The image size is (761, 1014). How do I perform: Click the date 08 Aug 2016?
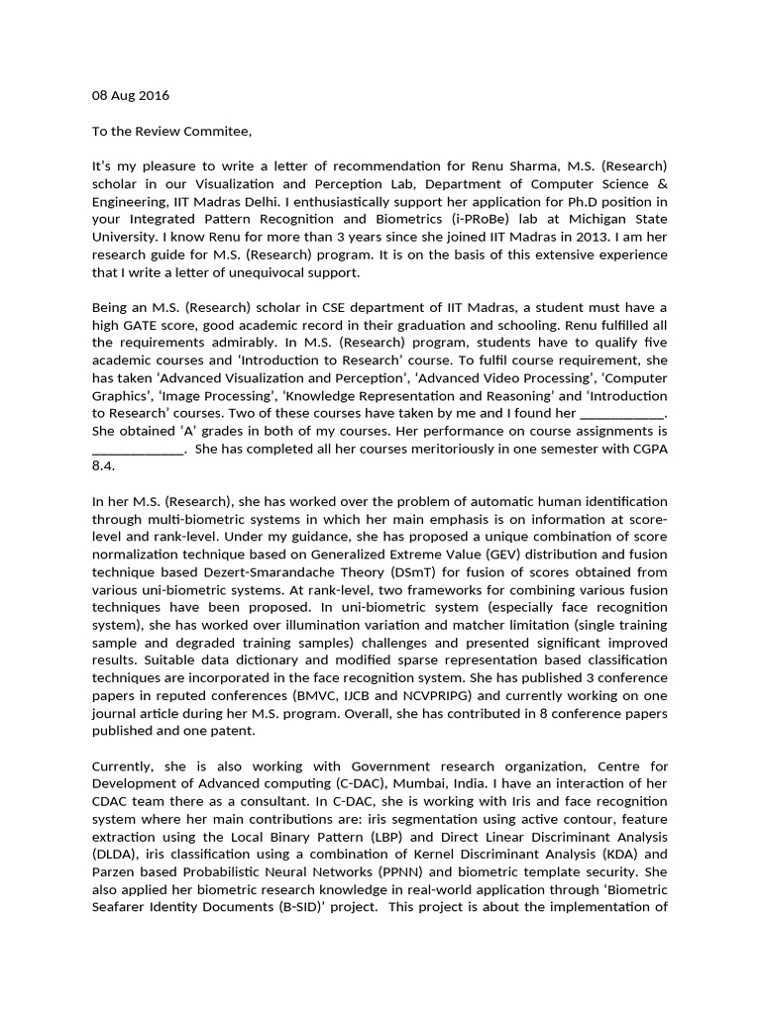click(130, 95)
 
